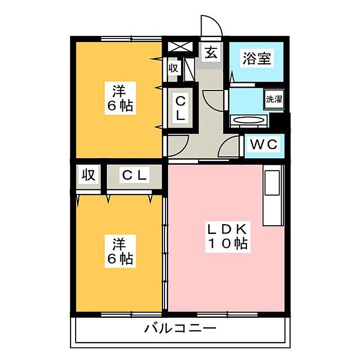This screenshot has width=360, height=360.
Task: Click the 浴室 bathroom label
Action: pos(257,58)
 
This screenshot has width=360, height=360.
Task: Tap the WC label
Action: pos(264,145)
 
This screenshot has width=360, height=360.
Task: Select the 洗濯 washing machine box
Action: pos(274,99)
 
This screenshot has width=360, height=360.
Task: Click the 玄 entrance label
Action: pos(211,52)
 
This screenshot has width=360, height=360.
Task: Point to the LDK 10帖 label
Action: pos(227,237)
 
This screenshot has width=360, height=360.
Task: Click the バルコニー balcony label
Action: pos(180,328)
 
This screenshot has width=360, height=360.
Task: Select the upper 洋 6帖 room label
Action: pos(120,98)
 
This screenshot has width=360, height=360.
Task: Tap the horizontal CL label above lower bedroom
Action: pos(134,175)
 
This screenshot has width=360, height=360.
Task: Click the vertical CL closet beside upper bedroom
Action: pos(181,109)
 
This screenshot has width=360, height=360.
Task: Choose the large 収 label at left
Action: pos(88,175)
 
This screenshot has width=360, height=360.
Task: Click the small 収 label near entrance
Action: pos(173,68)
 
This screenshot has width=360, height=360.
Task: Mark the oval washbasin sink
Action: pos(248,120)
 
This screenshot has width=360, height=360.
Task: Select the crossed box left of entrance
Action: pos(180,47)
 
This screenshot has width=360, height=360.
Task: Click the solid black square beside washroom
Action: pos(278,121)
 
